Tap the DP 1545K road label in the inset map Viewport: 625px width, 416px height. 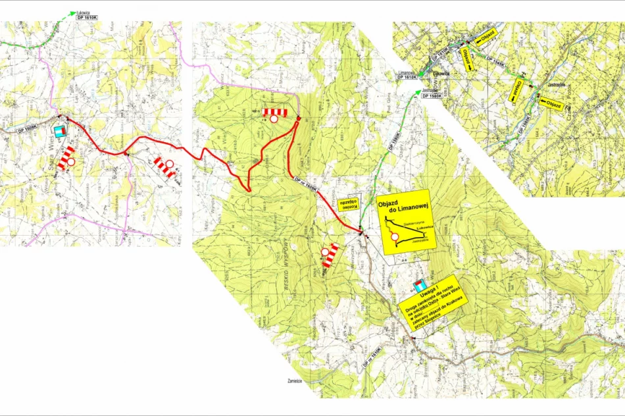click(x=495, y=61)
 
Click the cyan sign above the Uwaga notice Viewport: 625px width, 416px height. click(x=418, y=286)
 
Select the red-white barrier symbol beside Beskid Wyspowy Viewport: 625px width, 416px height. click(x=330, y=254)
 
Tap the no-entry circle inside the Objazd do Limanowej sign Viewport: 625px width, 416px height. click(x=395, y=238)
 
